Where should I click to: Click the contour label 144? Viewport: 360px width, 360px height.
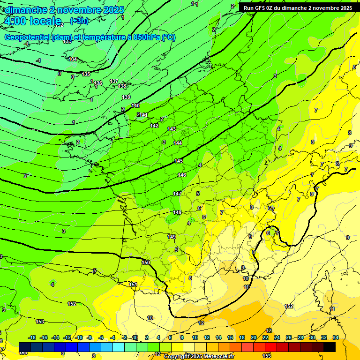(178, 143)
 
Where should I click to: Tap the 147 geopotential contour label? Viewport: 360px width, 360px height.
(177, 194)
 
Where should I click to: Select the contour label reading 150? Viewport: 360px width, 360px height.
(146, 262)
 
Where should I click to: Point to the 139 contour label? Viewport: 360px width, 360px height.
(126, 97)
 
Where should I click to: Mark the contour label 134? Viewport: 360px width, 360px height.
(73, 59)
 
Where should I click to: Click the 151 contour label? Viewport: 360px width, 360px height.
(134, 285)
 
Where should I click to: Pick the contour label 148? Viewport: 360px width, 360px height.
(177, 212)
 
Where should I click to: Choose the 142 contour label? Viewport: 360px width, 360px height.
(154, 126)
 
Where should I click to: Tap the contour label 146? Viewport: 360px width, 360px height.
(182, 175)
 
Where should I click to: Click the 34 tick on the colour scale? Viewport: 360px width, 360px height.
(336, 337)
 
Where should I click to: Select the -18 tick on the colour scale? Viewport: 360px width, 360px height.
(32, 337)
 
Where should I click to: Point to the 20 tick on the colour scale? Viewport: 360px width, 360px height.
(254, 337)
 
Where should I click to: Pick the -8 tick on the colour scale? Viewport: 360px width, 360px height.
(90, 337)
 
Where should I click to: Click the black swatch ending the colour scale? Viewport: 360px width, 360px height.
(330, 347)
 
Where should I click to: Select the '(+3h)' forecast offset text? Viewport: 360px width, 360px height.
(78, 21)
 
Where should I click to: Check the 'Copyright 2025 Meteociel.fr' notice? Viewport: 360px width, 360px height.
(199, 356)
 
